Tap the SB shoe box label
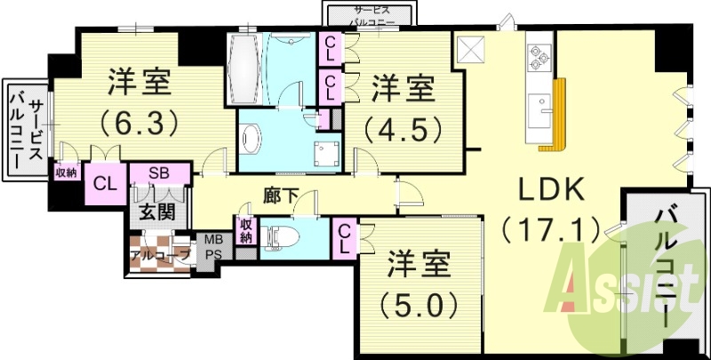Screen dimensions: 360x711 [160, 172]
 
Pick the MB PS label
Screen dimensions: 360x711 [214, 245]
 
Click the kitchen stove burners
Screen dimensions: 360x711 [539, 56]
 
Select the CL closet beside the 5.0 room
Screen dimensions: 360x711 [343, 237]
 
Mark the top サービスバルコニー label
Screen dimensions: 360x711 [368, 15]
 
